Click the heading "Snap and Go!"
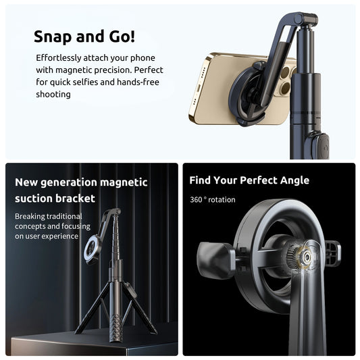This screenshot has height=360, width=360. click(x=84, y=36)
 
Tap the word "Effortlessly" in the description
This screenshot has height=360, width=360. click(x=58, y=58)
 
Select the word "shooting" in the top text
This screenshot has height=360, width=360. click(x=53, y=95)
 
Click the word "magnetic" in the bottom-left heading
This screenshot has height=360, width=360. click(x=124, y=182)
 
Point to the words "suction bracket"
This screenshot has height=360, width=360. click(x=55, y=199)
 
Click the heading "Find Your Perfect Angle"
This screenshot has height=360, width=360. click(x=249, y=180)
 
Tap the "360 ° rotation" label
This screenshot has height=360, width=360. click(x=213, y=200)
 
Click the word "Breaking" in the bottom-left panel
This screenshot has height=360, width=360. click(x=30, y=217)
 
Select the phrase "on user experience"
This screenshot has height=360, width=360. click(x=47, y=236)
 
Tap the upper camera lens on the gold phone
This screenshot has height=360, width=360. click(x=286, y=72)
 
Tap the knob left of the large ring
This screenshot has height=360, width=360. click(x=215, y=259)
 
